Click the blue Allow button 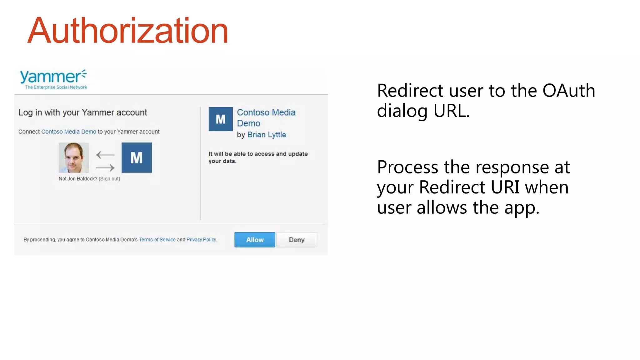(255, 240)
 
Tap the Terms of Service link (157, 240)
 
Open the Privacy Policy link (201, 240)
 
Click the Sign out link (109, 179)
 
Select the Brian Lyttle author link (267, 135)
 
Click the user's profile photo (74, 158)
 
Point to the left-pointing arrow (105, 155)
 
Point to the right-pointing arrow (105, 168)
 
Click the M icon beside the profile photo (137, 158)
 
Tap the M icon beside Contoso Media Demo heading (221, 119)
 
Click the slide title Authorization (128, 31)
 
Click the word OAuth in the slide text (568, 91)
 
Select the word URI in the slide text (505, 187)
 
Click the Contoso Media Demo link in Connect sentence (69, 132)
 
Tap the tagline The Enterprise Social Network (56, 87)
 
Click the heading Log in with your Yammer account (82, 112)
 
